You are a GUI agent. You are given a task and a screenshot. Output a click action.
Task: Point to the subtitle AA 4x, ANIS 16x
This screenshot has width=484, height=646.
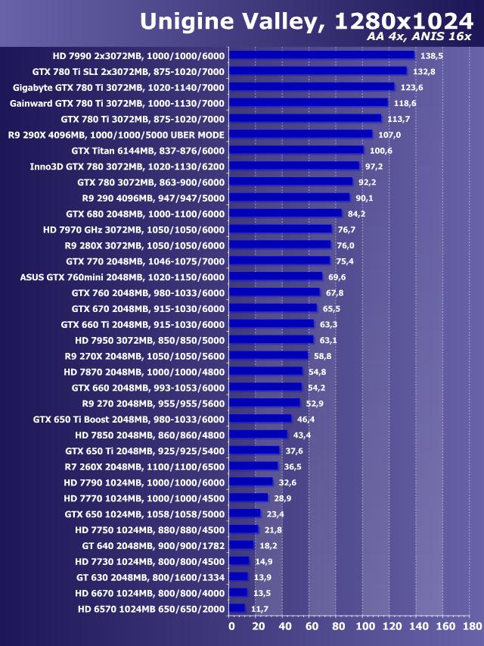pos(420,38)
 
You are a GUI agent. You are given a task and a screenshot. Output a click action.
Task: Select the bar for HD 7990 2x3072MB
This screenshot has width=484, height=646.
pos(321,55)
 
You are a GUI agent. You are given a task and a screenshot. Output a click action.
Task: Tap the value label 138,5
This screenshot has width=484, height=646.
pos(431,55)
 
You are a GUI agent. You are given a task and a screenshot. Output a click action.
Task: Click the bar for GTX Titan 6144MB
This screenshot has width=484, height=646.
pos(296,150)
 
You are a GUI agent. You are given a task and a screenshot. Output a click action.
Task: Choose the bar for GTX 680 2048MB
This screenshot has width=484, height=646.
pos(285,214)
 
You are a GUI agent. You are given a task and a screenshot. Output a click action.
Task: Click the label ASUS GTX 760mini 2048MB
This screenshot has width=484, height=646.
pos(122,276)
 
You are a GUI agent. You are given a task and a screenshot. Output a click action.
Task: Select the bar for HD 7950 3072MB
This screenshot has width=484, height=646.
pos(271,339)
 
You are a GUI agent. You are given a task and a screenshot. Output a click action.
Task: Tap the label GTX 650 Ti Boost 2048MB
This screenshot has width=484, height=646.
pos(129,419)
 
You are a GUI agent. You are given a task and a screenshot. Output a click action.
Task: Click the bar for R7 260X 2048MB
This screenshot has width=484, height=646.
pos(253,466)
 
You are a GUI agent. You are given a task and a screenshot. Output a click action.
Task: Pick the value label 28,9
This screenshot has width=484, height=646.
pos(283,498)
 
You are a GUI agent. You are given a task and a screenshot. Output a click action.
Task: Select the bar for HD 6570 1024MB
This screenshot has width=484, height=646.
pos(236,608)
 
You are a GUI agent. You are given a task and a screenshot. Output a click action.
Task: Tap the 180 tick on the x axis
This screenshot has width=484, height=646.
pos(471,627)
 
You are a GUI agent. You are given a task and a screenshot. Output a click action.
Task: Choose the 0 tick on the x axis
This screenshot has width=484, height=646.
pos(231,627)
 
